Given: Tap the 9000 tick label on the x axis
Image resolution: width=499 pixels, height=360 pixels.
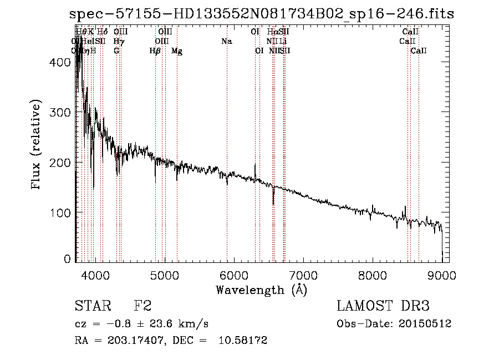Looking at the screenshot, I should tap(442, 274).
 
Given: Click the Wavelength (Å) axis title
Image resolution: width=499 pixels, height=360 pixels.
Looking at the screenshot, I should tap(261, 290).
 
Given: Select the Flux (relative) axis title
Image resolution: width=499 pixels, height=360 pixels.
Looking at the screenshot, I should tap(37, 145).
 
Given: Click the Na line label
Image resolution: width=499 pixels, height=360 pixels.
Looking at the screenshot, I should tap(226, 41).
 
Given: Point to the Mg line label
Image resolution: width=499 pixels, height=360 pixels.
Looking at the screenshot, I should tap(177, 51).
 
